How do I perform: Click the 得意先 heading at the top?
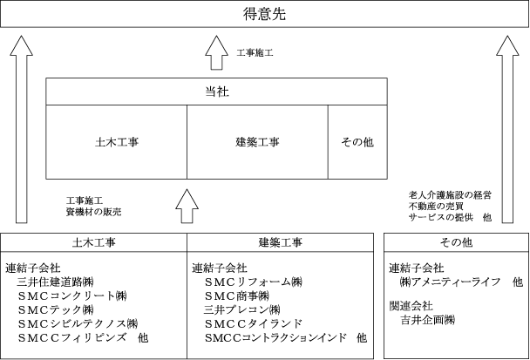[x=265, y=14]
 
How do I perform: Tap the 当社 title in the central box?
[x=217, y=92]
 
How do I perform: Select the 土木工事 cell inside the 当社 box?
[x=117, y=142]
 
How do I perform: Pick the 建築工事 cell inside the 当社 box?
[x=257, y=142]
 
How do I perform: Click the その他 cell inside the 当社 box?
[x=357, y=142]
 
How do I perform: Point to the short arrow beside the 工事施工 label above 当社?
[x=217, y=52]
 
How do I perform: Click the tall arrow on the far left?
[x=22, y=129]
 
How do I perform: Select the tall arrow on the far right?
[x=507, y=129]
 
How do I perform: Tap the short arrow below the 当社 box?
[x=187, y=206]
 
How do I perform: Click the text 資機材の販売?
[x=93, y=212]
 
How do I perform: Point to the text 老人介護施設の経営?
[x=450, y=195]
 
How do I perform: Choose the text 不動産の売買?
[x=436, y=207]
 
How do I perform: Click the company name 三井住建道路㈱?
[x=55, y=282]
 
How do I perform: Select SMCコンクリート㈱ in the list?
[x=72, y=295]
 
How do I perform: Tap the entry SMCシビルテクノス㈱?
[x=78, y=323]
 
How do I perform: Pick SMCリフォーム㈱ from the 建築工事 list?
[x=253, y=282]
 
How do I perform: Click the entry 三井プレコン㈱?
[x=242, y=309]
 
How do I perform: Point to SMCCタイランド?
[x=253, y=323]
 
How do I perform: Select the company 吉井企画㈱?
[x=428, y=320]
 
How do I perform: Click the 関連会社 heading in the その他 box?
[x=411, y=306]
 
